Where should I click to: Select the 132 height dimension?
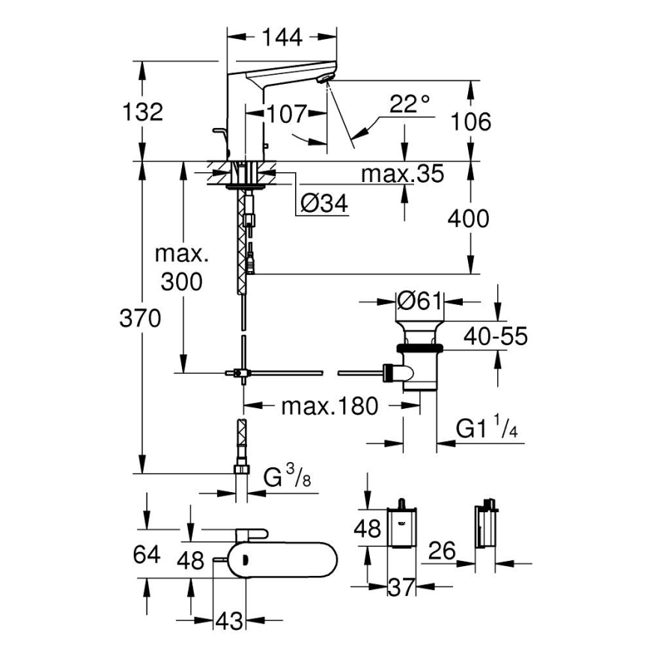(x=142, y=112)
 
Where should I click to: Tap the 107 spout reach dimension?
(x=287, y=115)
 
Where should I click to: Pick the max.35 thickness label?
(x=402, y=174)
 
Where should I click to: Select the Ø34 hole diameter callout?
(x=324, y=204)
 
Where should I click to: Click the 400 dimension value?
(x=468, y=219)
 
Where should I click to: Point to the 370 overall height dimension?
(x=142, y=318)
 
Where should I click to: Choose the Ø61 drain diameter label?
(x=420, y=302)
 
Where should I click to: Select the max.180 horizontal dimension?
(x=329, y=407)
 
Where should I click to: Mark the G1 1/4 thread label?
(x=487, y=429)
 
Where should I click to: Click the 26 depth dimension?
(x=443, y=552)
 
